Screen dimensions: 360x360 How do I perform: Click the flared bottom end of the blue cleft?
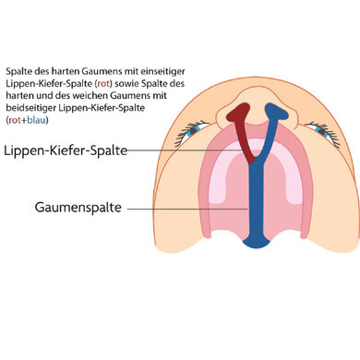[253, 242]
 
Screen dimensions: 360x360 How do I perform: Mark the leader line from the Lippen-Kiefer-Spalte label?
[185, 150]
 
